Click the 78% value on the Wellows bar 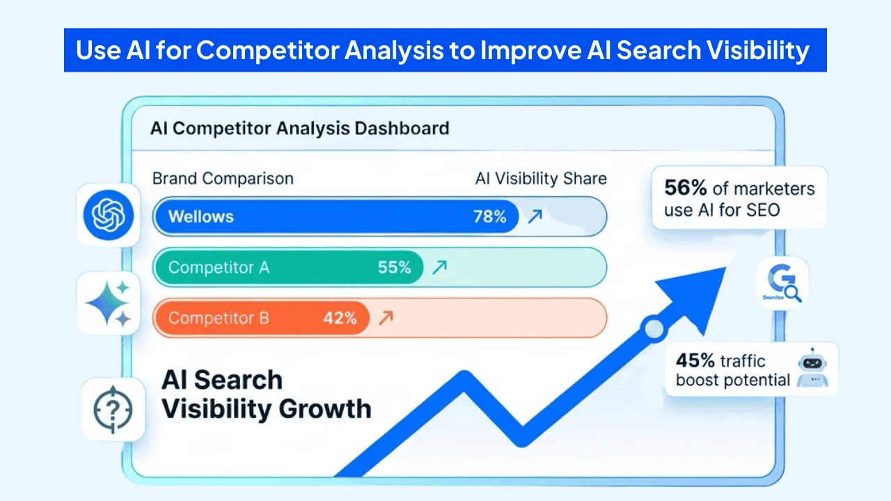[489, 216]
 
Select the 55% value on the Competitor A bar [394, 267]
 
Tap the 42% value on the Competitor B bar [340, 318]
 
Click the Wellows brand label [200, 216]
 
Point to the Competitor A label [219, 267]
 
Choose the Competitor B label [219, 318]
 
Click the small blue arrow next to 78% [535, 216]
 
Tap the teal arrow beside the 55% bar [439, 267]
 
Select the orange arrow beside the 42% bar [385, 318]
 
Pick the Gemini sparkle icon [107, 303]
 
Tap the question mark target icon [112, 409]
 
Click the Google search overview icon [783, 283]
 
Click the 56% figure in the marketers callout [686, 189]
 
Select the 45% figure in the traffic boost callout [695, 360]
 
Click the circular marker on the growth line [653, 329]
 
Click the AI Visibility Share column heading [540, 178]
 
